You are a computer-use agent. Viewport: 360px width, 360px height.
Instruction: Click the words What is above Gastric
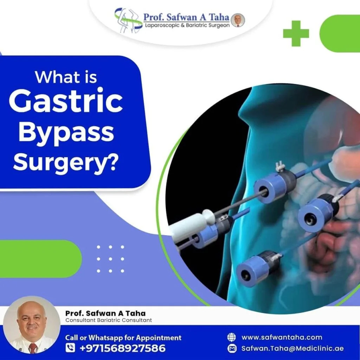(66, 76)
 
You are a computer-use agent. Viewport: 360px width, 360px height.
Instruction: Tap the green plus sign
(296, 33)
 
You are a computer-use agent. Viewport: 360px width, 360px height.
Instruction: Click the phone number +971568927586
(123, 348)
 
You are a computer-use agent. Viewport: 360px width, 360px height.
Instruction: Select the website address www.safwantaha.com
(282, 337)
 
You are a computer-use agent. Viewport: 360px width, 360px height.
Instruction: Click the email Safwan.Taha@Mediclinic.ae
(292, 348)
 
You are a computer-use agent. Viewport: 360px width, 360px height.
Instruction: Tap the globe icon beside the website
(231, 337)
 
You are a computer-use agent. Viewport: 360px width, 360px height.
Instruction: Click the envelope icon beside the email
(231, 349)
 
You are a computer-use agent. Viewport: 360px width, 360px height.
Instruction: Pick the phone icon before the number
(71, 348)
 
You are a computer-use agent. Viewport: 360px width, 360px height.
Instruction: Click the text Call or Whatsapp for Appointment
(123, 338)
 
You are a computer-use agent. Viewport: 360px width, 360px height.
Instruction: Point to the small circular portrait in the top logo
(238, 20)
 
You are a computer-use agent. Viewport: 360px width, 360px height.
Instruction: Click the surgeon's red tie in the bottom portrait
(33, 348)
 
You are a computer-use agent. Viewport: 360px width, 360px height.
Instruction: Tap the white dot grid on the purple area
(110, 259)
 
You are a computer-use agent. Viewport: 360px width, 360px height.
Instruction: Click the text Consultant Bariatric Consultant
(109, 320)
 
